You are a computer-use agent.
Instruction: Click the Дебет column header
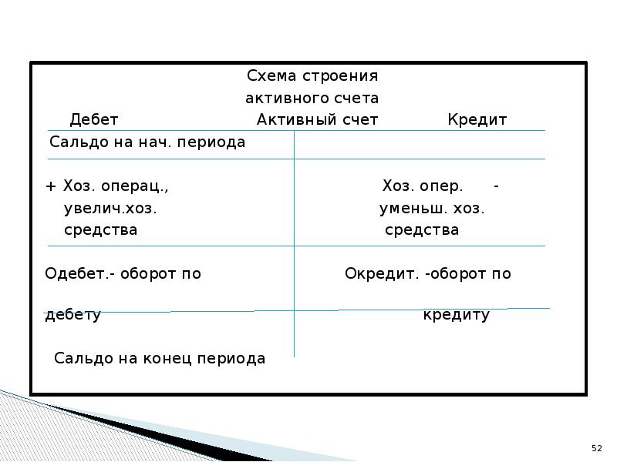click(x=94, y=120)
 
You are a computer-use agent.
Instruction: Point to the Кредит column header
click(x=477, y=120)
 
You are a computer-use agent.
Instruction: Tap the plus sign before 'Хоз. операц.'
click(x=51, y=187)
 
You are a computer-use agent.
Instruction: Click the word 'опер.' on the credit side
click(x=443, y=187)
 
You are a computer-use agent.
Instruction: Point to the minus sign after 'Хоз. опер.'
click(x=497, y=186)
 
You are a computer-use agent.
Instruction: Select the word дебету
click(x=73, y=316)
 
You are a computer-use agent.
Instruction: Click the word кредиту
click(x=457, y=316)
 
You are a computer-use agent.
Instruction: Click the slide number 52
click(x=596, y=448)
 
